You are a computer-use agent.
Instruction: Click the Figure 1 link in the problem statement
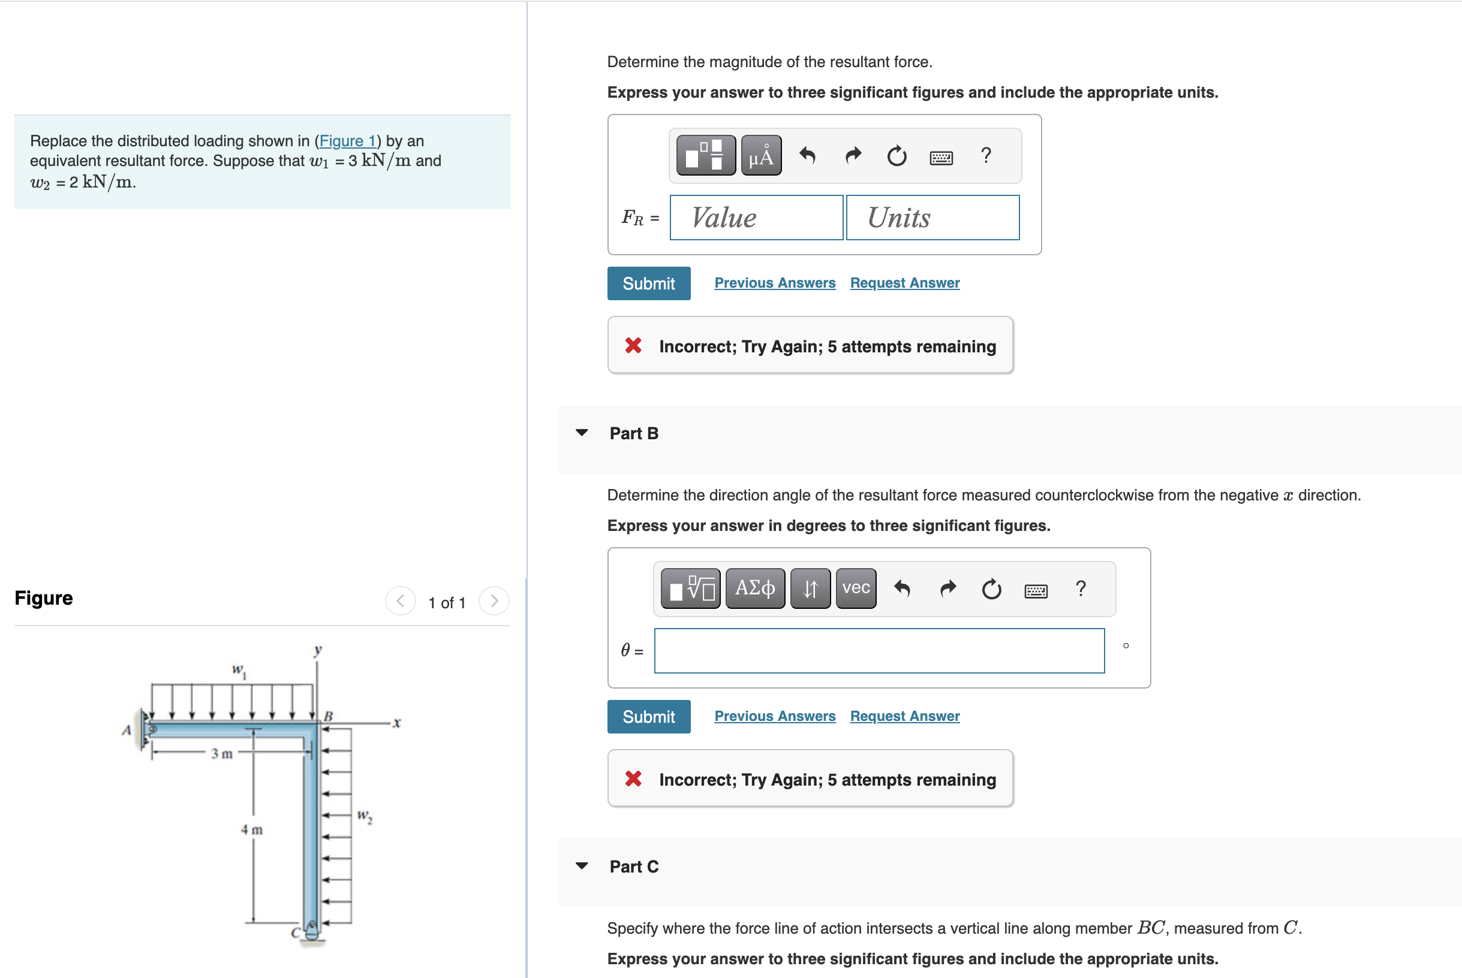[348, 141]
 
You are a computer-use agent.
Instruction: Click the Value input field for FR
[756, 218]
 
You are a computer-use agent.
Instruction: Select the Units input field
[932, 218]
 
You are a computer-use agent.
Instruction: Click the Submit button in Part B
[648, 717]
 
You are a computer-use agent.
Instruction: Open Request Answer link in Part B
[904, 716]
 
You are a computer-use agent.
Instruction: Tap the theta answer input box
[879, 651]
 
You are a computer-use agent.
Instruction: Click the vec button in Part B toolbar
[856, 587]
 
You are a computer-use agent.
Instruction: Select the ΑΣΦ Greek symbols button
[755, 587]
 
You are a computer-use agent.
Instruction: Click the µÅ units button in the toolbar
[760, 155]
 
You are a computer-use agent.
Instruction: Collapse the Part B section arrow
[582, 432]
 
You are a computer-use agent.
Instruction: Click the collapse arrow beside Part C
[582, 866]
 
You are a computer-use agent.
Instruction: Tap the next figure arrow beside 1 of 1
[494, 601]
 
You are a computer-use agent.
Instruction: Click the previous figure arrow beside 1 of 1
[401, 601]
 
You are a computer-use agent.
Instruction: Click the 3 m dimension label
[221, 753]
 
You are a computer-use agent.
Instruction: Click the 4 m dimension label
[252, 829]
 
